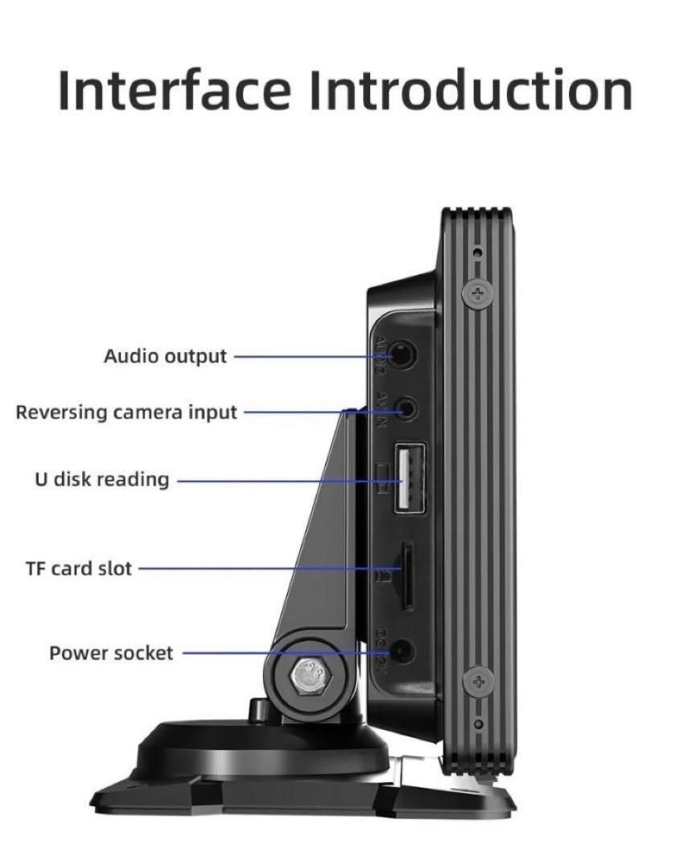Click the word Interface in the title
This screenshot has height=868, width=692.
(x=173, y=90)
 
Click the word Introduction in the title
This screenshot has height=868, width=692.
(x=471, y=90)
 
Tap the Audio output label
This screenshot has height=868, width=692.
(x=165, y=355)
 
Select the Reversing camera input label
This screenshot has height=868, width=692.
(x=126, y=412)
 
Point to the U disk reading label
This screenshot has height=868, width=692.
(x=101, y=480)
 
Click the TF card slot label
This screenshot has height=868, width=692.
(x=79, y=569)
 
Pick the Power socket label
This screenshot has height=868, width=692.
(x=111, y=653)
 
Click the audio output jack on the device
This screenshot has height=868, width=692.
(x=403, y=353)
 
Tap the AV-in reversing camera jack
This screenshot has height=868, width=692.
(x=408, y=408)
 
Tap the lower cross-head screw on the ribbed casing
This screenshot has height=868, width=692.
(x=478, y=682)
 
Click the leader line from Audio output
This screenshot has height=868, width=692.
(x=310, y=355)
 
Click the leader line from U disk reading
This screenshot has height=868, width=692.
(x=282, y=481)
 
